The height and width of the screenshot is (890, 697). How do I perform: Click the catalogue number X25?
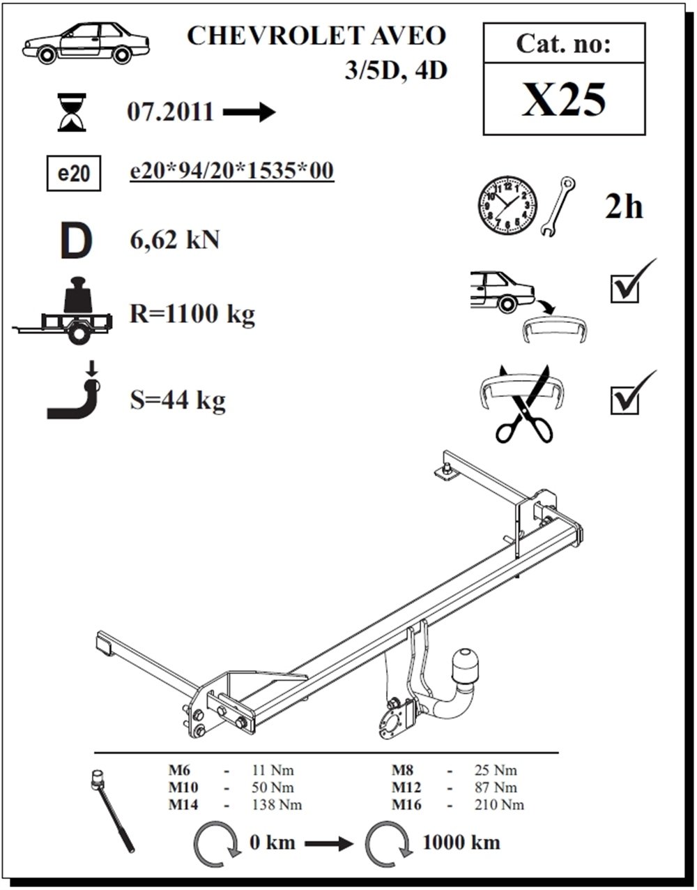pos(563,100)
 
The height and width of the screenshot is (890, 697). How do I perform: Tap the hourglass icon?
pos(71,114)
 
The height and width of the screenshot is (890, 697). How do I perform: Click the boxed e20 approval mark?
pos(73,174)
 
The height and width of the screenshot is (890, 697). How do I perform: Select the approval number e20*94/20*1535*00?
pos(232,171)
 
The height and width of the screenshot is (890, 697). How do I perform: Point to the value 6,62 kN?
pos(174,240)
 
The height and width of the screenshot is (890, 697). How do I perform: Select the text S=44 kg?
pos(178,400)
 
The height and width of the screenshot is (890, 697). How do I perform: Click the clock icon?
pos(507,206)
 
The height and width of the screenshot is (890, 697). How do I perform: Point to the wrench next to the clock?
pos(558,207)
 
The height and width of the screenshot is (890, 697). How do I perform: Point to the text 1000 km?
pos(461,842)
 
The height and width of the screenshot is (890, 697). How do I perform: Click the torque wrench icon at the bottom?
pos(113,809)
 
